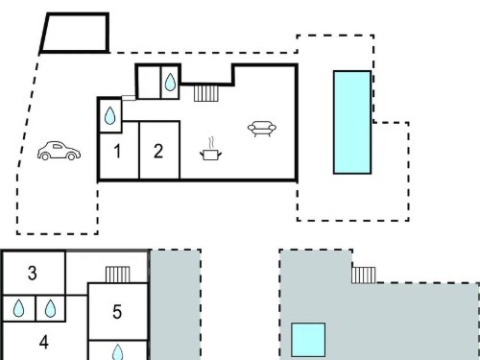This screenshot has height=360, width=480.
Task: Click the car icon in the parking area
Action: (x=59, y=151)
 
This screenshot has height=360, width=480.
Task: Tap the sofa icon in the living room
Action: (x=262, y=129)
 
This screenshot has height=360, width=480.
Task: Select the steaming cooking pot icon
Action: (x=210, y=150)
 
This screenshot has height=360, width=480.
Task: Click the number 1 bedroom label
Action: (x=117, y=151)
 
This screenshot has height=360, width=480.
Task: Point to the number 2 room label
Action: (x=158, y=151)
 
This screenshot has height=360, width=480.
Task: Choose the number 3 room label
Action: (x=32, y=273)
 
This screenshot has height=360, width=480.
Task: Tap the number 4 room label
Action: (x=44, y=342)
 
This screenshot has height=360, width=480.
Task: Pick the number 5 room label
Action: (x=117, y=312)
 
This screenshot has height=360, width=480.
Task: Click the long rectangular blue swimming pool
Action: (x=352, y=122)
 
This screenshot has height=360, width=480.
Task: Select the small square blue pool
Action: (x=308, y=340)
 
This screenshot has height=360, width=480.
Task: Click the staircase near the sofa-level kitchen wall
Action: (x=206, y=93)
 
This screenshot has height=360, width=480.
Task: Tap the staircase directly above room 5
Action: (x=118, y=275)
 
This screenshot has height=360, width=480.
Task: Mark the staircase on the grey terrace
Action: (x=364, y=276)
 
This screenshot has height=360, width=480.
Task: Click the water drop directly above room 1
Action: (x=109, y=115)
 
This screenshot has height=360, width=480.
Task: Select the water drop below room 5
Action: (x=118, y=352)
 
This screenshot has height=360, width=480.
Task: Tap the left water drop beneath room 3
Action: (x=18, y=308)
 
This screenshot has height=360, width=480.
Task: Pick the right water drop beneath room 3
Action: (x=50, y=308)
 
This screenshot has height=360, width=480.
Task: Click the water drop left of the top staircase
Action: (x=170, y=82)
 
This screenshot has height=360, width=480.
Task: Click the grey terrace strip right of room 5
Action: (x=176, y=304)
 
